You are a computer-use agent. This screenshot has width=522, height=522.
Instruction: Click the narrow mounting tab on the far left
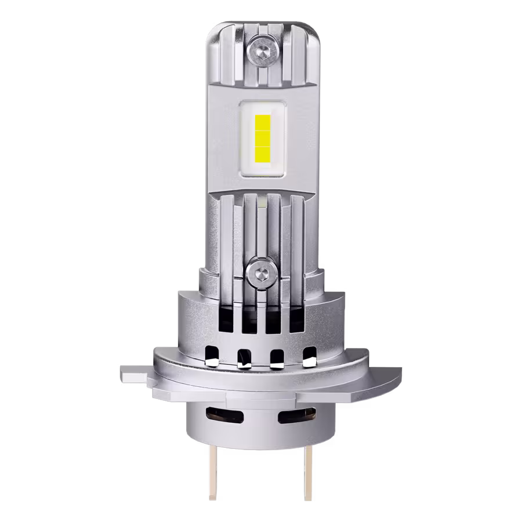tap(135, 374)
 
